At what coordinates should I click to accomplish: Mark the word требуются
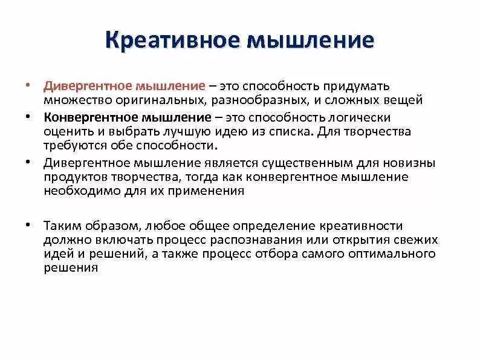pos(69,145)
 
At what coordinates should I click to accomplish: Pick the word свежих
pos(420,239)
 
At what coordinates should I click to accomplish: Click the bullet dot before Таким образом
pos(29,224)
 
